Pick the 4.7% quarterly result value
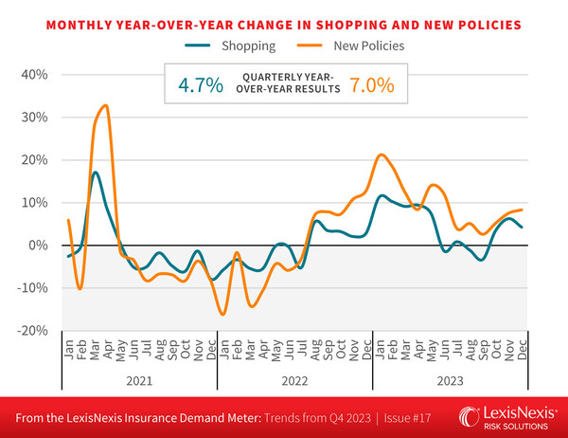click(201, 84)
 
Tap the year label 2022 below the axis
click(293, 378)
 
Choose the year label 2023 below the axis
click(450, 378)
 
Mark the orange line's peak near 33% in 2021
click(105, 105)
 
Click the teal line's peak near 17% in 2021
click(96, 173)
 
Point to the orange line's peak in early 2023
click(381, 155)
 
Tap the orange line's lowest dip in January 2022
click(222, 314)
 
